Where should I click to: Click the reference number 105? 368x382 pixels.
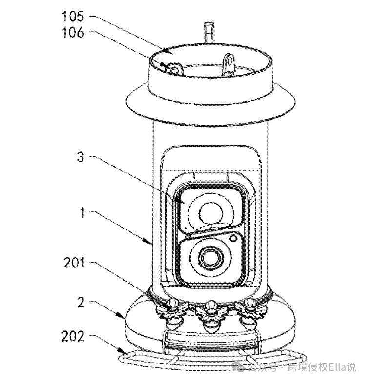coord(73,16)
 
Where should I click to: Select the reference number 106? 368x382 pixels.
coord(73,33)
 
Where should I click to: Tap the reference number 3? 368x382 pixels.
coord(81,157)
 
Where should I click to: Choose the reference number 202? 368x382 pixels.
coord(73,336)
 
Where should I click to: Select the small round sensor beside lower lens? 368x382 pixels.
coord(235,238)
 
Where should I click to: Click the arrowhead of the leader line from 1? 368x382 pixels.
coord(151,242)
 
